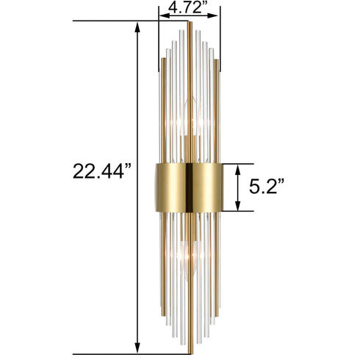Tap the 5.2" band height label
click(x=265, y=187)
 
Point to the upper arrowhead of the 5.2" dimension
click(x=237, y=167)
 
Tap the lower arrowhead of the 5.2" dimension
click(x=237, y=208)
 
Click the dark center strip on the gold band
click(x=190, y=187)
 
